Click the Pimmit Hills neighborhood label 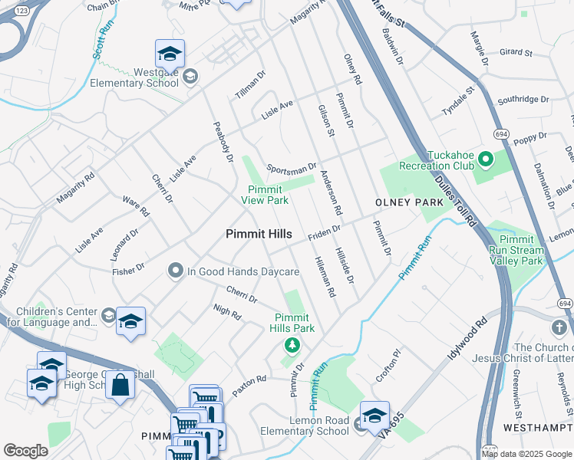click(259, 235)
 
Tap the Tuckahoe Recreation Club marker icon click(485, 159)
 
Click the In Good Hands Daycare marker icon click(176, 271)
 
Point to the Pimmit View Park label click(265, 195)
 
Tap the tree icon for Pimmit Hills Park click(291, 344)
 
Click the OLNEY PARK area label click(409, 202)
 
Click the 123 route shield click(22, 11)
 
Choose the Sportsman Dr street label click(292, 167)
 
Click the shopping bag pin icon click(121, 385)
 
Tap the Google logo click(25, 451)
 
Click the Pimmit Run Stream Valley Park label click(516, 250)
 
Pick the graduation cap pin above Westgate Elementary click(170, 54)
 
